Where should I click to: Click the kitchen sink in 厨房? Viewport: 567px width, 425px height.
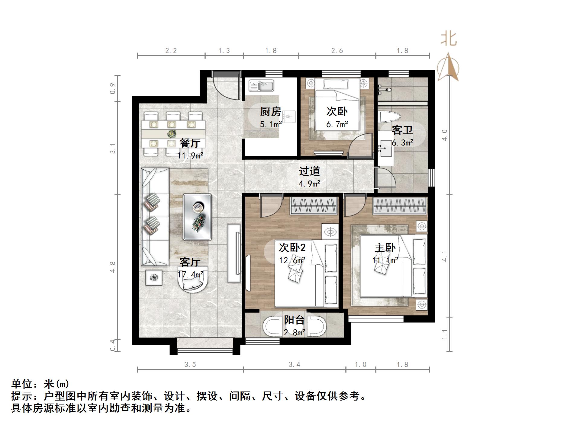pyautogui.click(x=261, y=86)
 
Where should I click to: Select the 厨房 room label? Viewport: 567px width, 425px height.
pyautogui.click(x=271, y=112)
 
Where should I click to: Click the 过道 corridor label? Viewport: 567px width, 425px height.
pyautogui.click(x=309, y=171)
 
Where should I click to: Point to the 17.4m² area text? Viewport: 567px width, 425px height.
pyautogui.click(x=190, y=274)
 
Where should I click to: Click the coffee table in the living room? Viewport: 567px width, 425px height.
pyautogui.click(x=198, y=217)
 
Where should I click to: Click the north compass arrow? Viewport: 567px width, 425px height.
pyautogui.click(x=448, y=67)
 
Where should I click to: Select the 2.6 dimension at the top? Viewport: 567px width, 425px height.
pyautogui.click(x=337, y=51)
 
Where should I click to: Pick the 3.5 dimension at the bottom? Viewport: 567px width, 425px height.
pyautogui.click(x=190, y=365)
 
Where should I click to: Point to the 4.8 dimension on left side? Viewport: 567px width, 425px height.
pyautogui.click(x=113, y=267)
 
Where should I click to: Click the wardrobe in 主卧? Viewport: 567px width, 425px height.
pyautogui.click(x=400, y=206)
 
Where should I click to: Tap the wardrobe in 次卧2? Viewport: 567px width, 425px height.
pyautogui.click(x=314, y=206)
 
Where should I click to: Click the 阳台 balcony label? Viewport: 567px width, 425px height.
pyautogui.click(x=294, y=320)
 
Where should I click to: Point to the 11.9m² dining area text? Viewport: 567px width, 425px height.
pyautogui.click(x=190, y=156)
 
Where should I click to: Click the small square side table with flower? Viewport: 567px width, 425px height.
pyautogui.click(x=154, y=277)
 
